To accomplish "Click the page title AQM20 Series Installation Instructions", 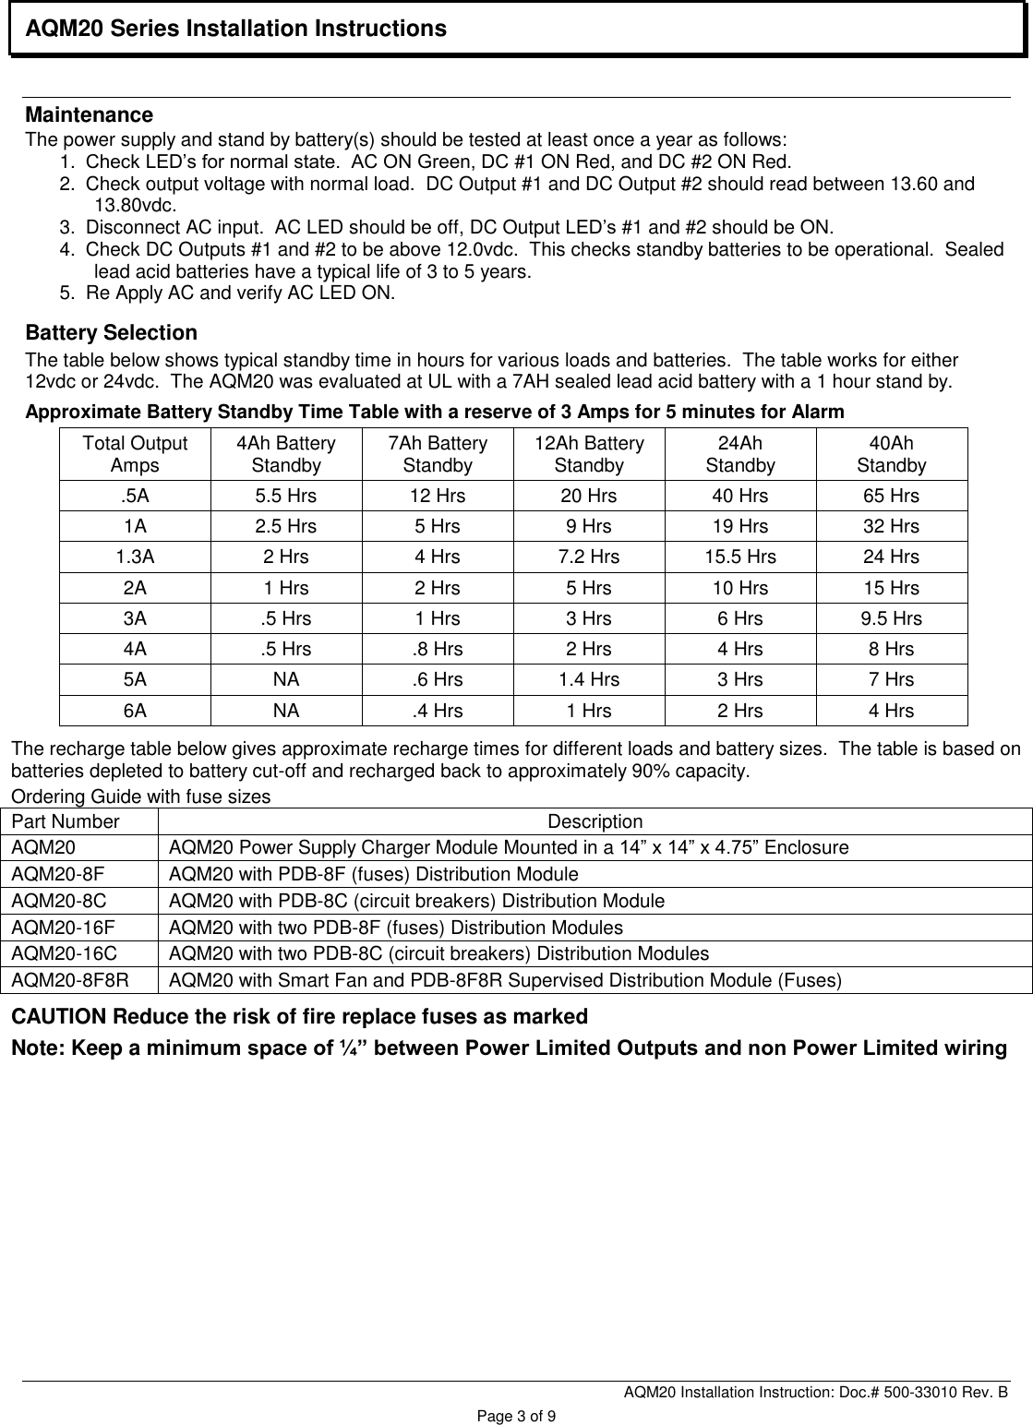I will [235, 30].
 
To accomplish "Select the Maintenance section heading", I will [89, 115].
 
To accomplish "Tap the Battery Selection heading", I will [111, 332].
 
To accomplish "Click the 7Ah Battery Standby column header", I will [438, 454].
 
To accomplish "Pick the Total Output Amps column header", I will [135, 454].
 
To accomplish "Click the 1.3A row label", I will [135, 557].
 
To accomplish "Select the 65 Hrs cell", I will [891, 496].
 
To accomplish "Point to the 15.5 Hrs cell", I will [739, 557].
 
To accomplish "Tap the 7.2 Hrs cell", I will [588, 557].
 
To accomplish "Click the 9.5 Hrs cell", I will [891, 618].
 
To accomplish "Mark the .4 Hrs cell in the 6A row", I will [438, 710].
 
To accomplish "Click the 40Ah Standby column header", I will [891, 454].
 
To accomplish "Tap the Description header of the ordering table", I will [595, 821].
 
